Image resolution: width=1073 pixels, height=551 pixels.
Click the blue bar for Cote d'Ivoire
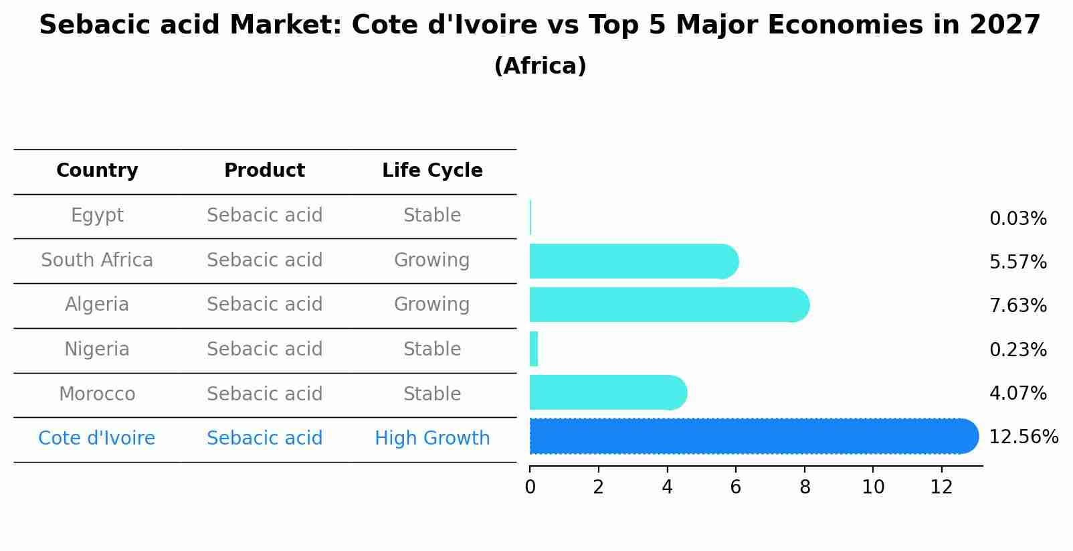point(749,437)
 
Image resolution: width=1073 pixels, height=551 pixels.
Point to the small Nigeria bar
point(534,349)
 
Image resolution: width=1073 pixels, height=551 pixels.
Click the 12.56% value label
point(1023,437)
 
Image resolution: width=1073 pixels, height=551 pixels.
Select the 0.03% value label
point(1017,219)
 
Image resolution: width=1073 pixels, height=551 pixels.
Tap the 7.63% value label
point(1017,306)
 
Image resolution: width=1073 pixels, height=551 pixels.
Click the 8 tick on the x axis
point(805,487)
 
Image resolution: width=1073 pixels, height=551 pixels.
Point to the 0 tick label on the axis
point(530,487)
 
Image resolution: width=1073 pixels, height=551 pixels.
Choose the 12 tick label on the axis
point(941,487)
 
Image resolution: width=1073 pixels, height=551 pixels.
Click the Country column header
point(97,171)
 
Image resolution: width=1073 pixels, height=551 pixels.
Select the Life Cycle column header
point(432,171)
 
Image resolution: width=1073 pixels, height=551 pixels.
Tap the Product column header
point(264,171)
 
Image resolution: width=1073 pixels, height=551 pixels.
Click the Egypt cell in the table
point(97,216)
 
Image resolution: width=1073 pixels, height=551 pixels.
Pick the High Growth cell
point(432,439)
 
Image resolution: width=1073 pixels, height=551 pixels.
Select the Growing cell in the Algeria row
point(431,305)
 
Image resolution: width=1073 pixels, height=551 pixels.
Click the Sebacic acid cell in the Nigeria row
point(264,349)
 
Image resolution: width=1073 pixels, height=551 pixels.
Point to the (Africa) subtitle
point(540,66)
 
